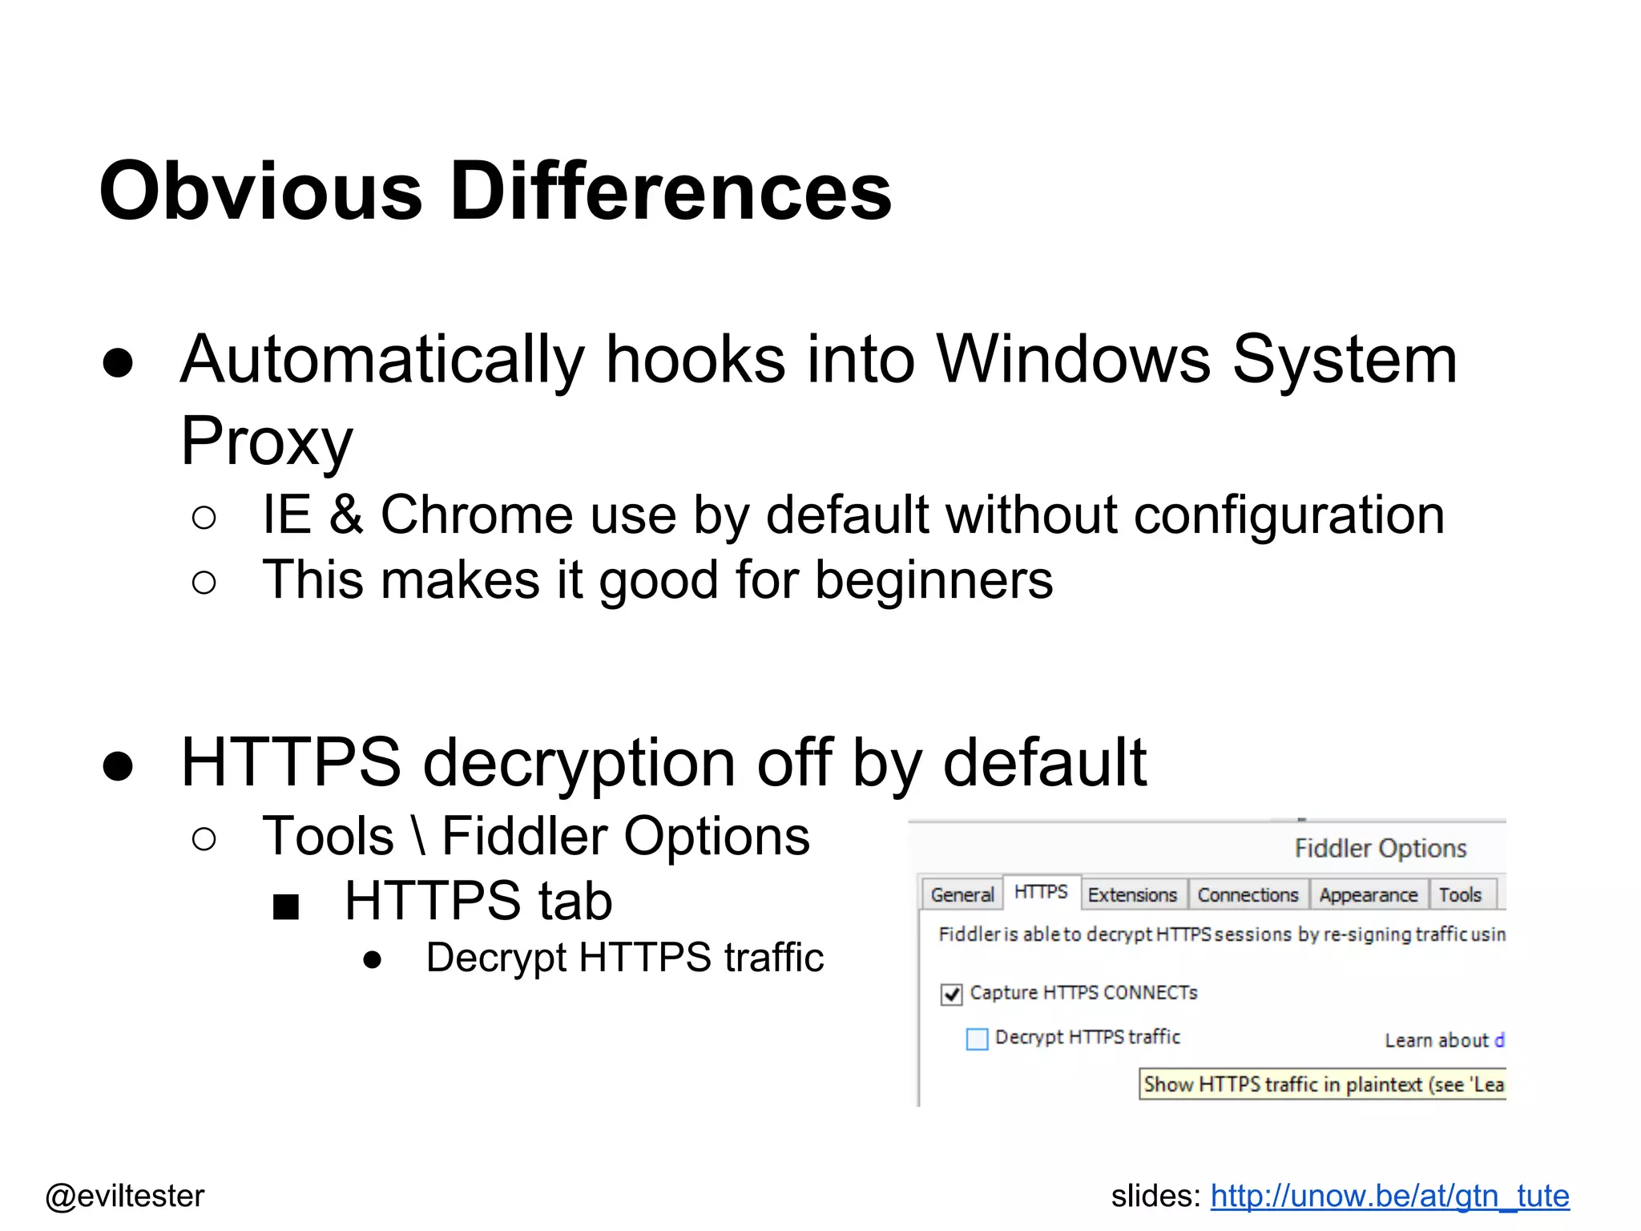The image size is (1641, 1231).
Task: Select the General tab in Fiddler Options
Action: point(962,894)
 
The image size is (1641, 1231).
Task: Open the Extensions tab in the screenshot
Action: point(1131,894)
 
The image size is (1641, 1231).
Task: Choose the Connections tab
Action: point(1248,894)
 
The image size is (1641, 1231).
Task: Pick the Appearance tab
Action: point(1368,894)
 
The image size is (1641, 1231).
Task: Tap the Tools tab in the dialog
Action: point(1460,894)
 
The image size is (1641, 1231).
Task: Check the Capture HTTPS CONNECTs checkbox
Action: point(951,995)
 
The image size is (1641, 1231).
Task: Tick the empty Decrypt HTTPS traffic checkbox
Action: point(977,1039)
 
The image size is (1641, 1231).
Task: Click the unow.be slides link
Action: point(1389,1196)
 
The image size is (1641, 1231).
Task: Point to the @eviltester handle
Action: point(125,1196)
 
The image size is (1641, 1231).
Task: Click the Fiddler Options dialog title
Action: point(1380,848)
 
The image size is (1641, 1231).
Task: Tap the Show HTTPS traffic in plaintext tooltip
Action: point(1322,1084)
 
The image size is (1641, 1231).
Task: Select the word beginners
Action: point(933,579)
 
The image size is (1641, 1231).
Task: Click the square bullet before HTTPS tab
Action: point(286,906)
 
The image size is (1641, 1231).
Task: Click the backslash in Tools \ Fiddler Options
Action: point(417,836)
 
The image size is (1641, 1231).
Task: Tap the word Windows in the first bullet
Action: point(1074,359)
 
